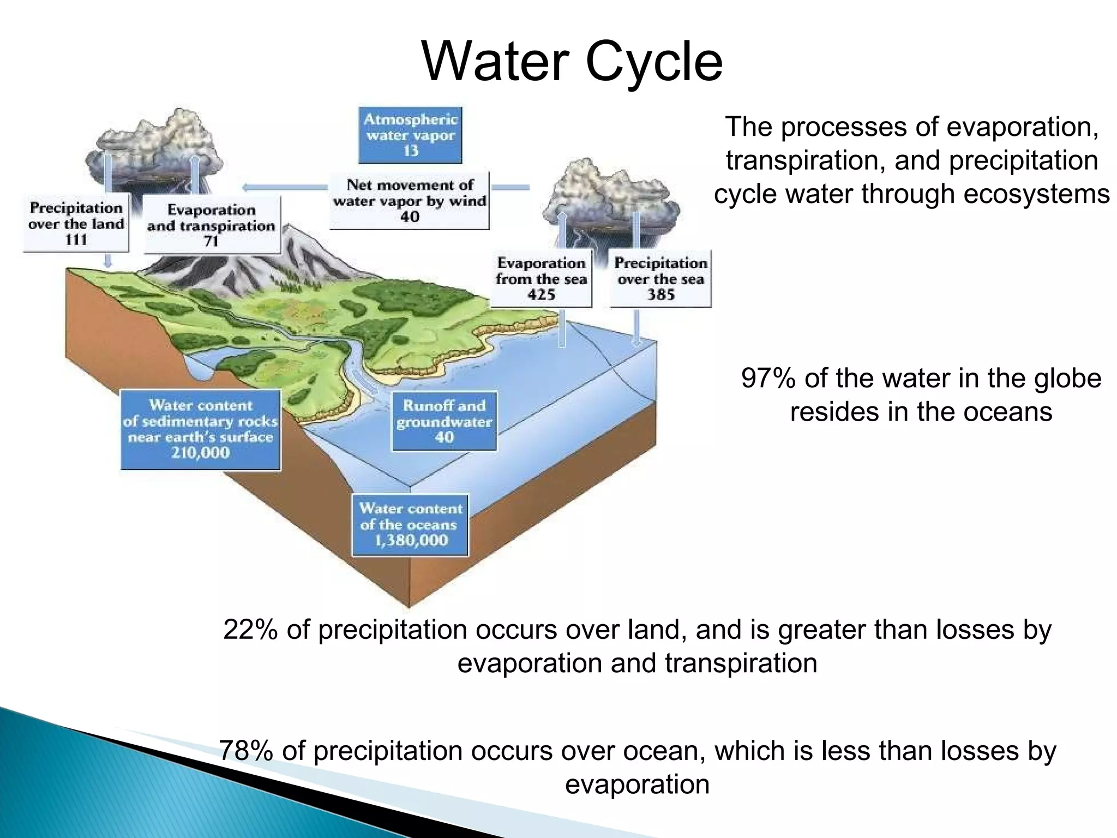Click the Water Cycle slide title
[572, 62]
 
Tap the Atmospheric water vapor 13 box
[410, 135]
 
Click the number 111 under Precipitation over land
[76, 240]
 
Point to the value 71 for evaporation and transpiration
[211, 242]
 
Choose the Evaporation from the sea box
[541, 279]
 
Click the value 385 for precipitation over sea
[660, 295]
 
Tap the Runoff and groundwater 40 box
[444, 421]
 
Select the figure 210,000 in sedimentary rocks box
[200, 453]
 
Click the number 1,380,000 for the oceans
[411, 541]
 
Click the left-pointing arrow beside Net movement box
[284, 188]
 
